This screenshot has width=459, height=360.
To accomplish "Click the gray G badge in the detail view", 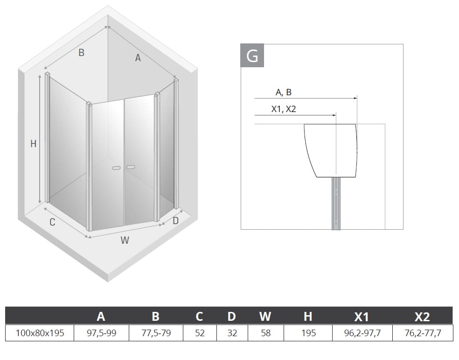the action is pos(252,56).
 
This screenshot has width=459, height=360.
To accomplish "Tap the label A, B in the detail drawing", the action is pos(283,92).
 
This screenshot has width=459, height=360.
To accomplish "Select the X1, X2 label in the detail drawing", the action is pos(283,109).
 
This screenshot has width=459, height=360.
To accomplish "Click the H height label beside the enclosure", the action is pos(34,144).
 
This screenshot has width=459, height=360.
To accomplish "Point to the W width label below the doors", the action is pos(125,240).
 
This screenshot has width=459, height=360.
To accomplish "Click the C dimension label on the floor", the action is pos(52,222).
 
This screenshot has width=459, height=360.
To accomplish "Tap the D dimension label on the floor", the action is pos(175,220).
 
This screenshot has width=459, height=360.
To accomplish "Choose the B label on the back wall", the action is pos(81,53).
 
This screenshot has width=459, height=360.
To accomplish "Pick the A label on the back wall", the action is pos(138,58).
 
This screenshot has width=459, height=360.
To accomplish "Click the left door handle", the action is pos(116,168).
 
